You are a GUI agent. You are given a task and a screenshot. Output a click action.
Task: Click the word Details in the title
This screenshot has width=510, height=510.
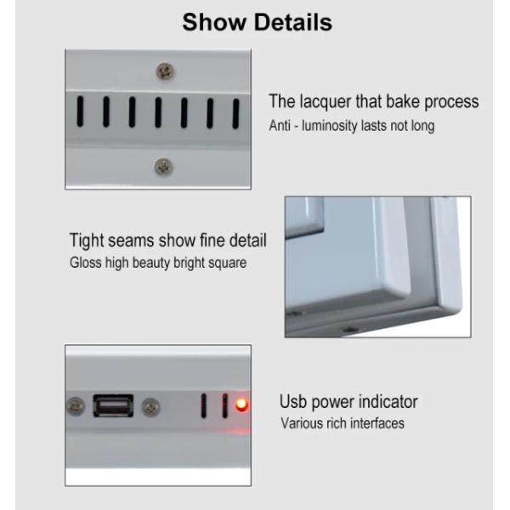pyautogui.click(x=292, y=22)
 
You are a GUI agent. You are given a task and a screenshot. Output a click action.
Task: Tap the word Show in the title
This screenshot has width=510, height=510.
pyautogui.click(x=214, y=22)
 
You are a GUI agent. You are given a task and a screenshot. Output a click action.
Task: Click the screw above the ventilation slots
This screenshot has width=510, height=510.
pyautogui.click(x=165, y=72)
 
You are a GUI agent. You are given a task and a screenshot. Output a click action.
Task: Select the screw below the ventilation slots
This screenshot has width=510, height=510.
pyautogui.click(x=163, y=167)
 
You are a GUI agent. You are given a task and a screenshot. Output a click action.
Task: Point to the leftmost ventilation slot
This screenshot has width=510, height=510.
pyautogui.click(x=80, y=111)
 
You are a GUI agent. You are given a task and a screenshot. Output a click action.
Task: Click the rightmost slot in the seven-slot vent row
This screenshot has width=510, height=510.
pyautogui.click(x=235, y=114)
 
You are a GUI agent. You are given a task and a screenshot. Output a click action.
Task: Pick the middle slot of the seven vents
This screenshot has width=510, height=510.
pyautogui.click(x=158, y=112)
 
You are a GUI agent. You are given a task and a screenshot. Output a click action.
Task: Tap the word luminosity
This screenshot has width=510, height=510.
pyautogui.click(x=329, y=126)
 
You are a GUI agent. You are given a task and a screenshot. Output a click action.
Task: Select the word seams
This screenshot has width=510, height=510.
pyautogui.click(x=131, y=241)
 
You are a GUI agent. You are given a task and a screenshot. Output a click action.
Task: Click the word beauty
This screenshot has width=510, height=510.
pyautogui.click(x=151, y=263)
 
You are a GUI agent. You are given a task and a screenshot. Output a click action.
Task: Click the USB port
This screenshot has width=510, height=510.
pyautogui.click(x=113, y=405)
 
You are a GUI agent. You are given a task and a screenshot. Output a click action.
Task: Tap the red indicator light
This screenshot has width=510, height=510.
pyautogui.click(x=241, y=405)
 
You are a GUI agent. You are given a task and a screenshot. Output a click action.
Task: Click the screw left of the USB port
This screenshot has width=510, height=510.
pyautogui.click(x=76, y=406)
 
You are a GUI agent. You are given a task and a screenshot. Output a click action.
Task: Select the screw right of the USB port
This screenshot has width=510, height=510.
pyautogui.click(x=151, y=407)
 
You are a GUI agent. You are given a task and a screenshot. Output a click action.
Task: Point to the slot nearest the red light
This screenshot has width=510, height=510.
pyautogui.click(x=224, y=405)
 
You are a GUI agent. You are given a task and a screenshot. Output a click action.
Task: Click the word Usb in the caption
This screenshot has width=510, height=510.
pyautogui.click(x=293, y=402)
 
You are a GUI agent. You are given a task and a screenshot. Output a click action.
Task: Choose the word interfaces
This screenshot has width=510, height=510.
pyautogui.click(x=377, y=423)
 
